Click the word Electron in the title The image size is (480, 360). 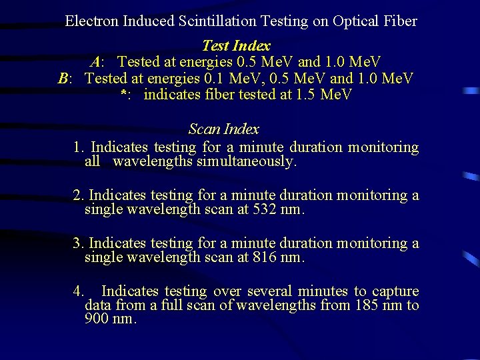click(92, 21)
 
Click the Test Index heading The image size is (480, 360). click(236, 46)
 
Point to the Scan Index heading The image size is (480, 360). click(223, 129)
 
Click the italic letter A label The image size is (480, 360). click(96, 63)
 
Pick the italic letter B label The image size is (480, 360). click(64, 79)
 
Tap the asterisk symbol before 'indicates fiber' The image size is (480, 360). click(123, 95)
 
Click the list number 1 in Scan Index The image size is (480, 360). click(78, 147)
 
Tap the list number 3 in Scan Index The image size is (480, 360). click(77, 243)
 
